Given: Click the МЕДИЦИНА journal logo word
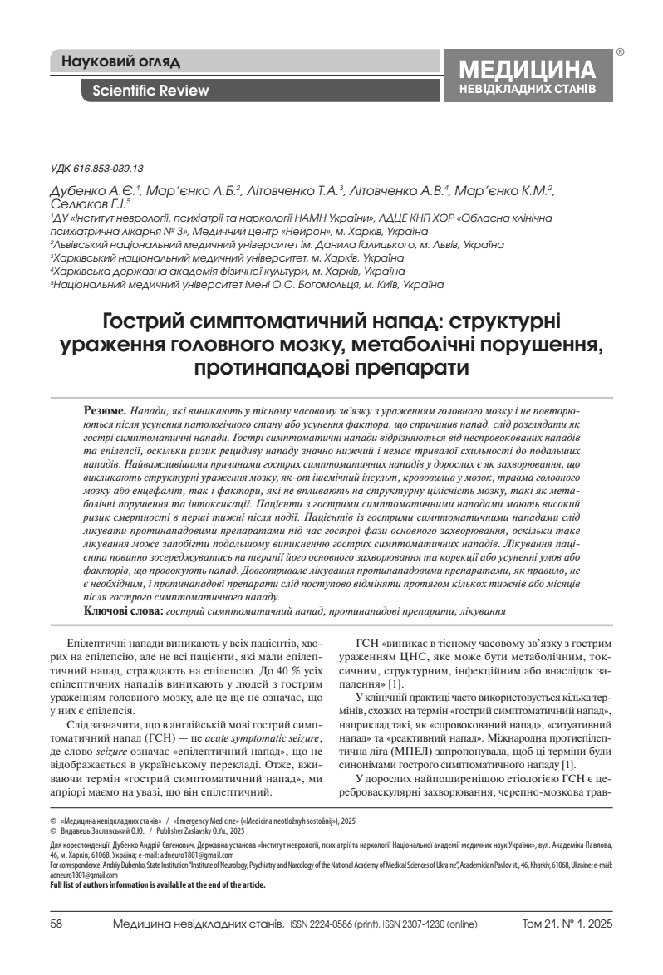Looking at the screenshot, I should click(528, 70).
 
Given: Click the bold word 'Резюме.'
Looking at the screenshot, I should click(106, 411).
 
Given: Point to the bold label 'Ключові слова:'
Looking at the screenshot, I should click(124, 610).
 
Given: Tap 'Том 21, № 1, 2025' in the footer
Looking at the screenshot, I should click(567, 940).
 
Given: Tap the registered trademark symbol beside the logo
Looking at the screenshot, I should click(620, 51).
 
